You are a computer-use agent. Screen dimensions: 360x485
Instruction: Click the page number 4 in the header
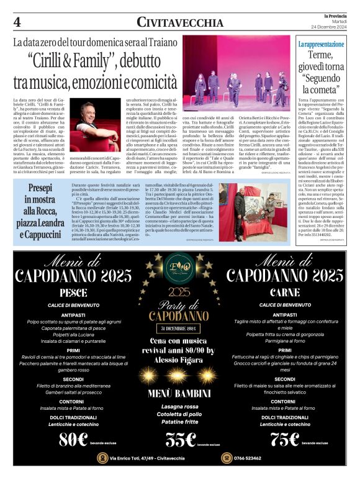click(x=17, y=22)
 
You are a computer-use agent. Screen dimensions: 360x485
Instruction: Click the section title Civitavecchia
click(x=180, y=23)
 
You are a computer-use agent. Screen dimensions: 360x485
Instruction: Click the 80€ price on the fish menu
click(x=73, y=438)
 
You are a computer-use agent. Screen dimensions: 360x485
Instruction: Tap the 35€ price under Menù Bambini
click(x=181, y=438)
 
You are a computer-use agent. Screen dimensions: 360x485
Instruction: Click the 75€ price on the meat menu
click(x=286, y=438)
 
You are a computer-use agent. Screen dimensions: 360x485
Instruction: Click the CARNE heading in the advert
click(x=286, y=292)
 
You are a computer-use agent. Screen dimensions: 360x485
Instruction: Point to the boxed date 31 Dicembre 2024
click(x=180, y=328)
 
